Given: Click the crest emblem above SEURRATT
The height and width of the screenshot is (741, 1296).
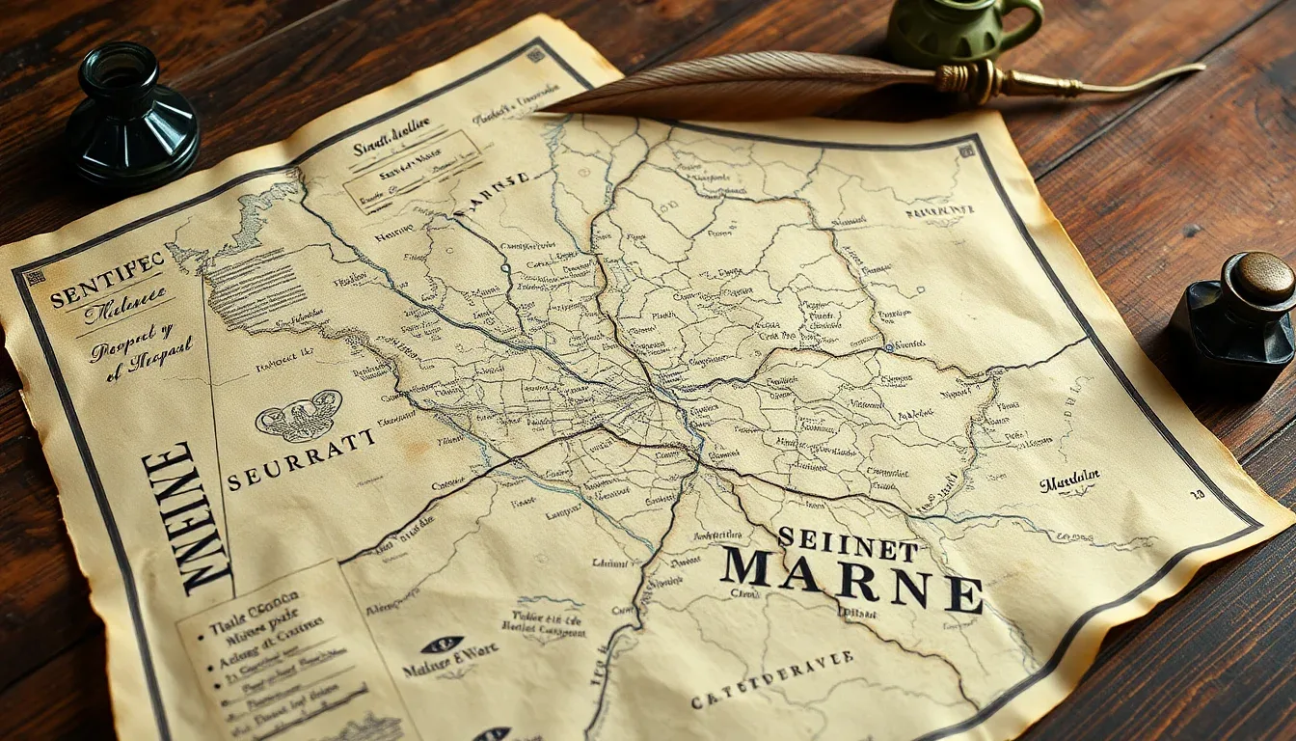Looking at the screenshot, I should coord(299,415).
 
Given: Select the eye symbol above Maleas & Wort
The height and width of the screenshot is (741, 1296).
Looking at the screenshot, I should coord(443,645).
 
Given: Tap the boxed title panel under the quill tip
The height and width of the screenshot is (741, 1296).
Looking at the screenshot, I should coord(412,171).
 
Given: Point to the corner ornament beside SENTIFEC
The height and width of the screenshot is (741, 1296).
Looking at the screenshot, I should coord(35,277).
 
